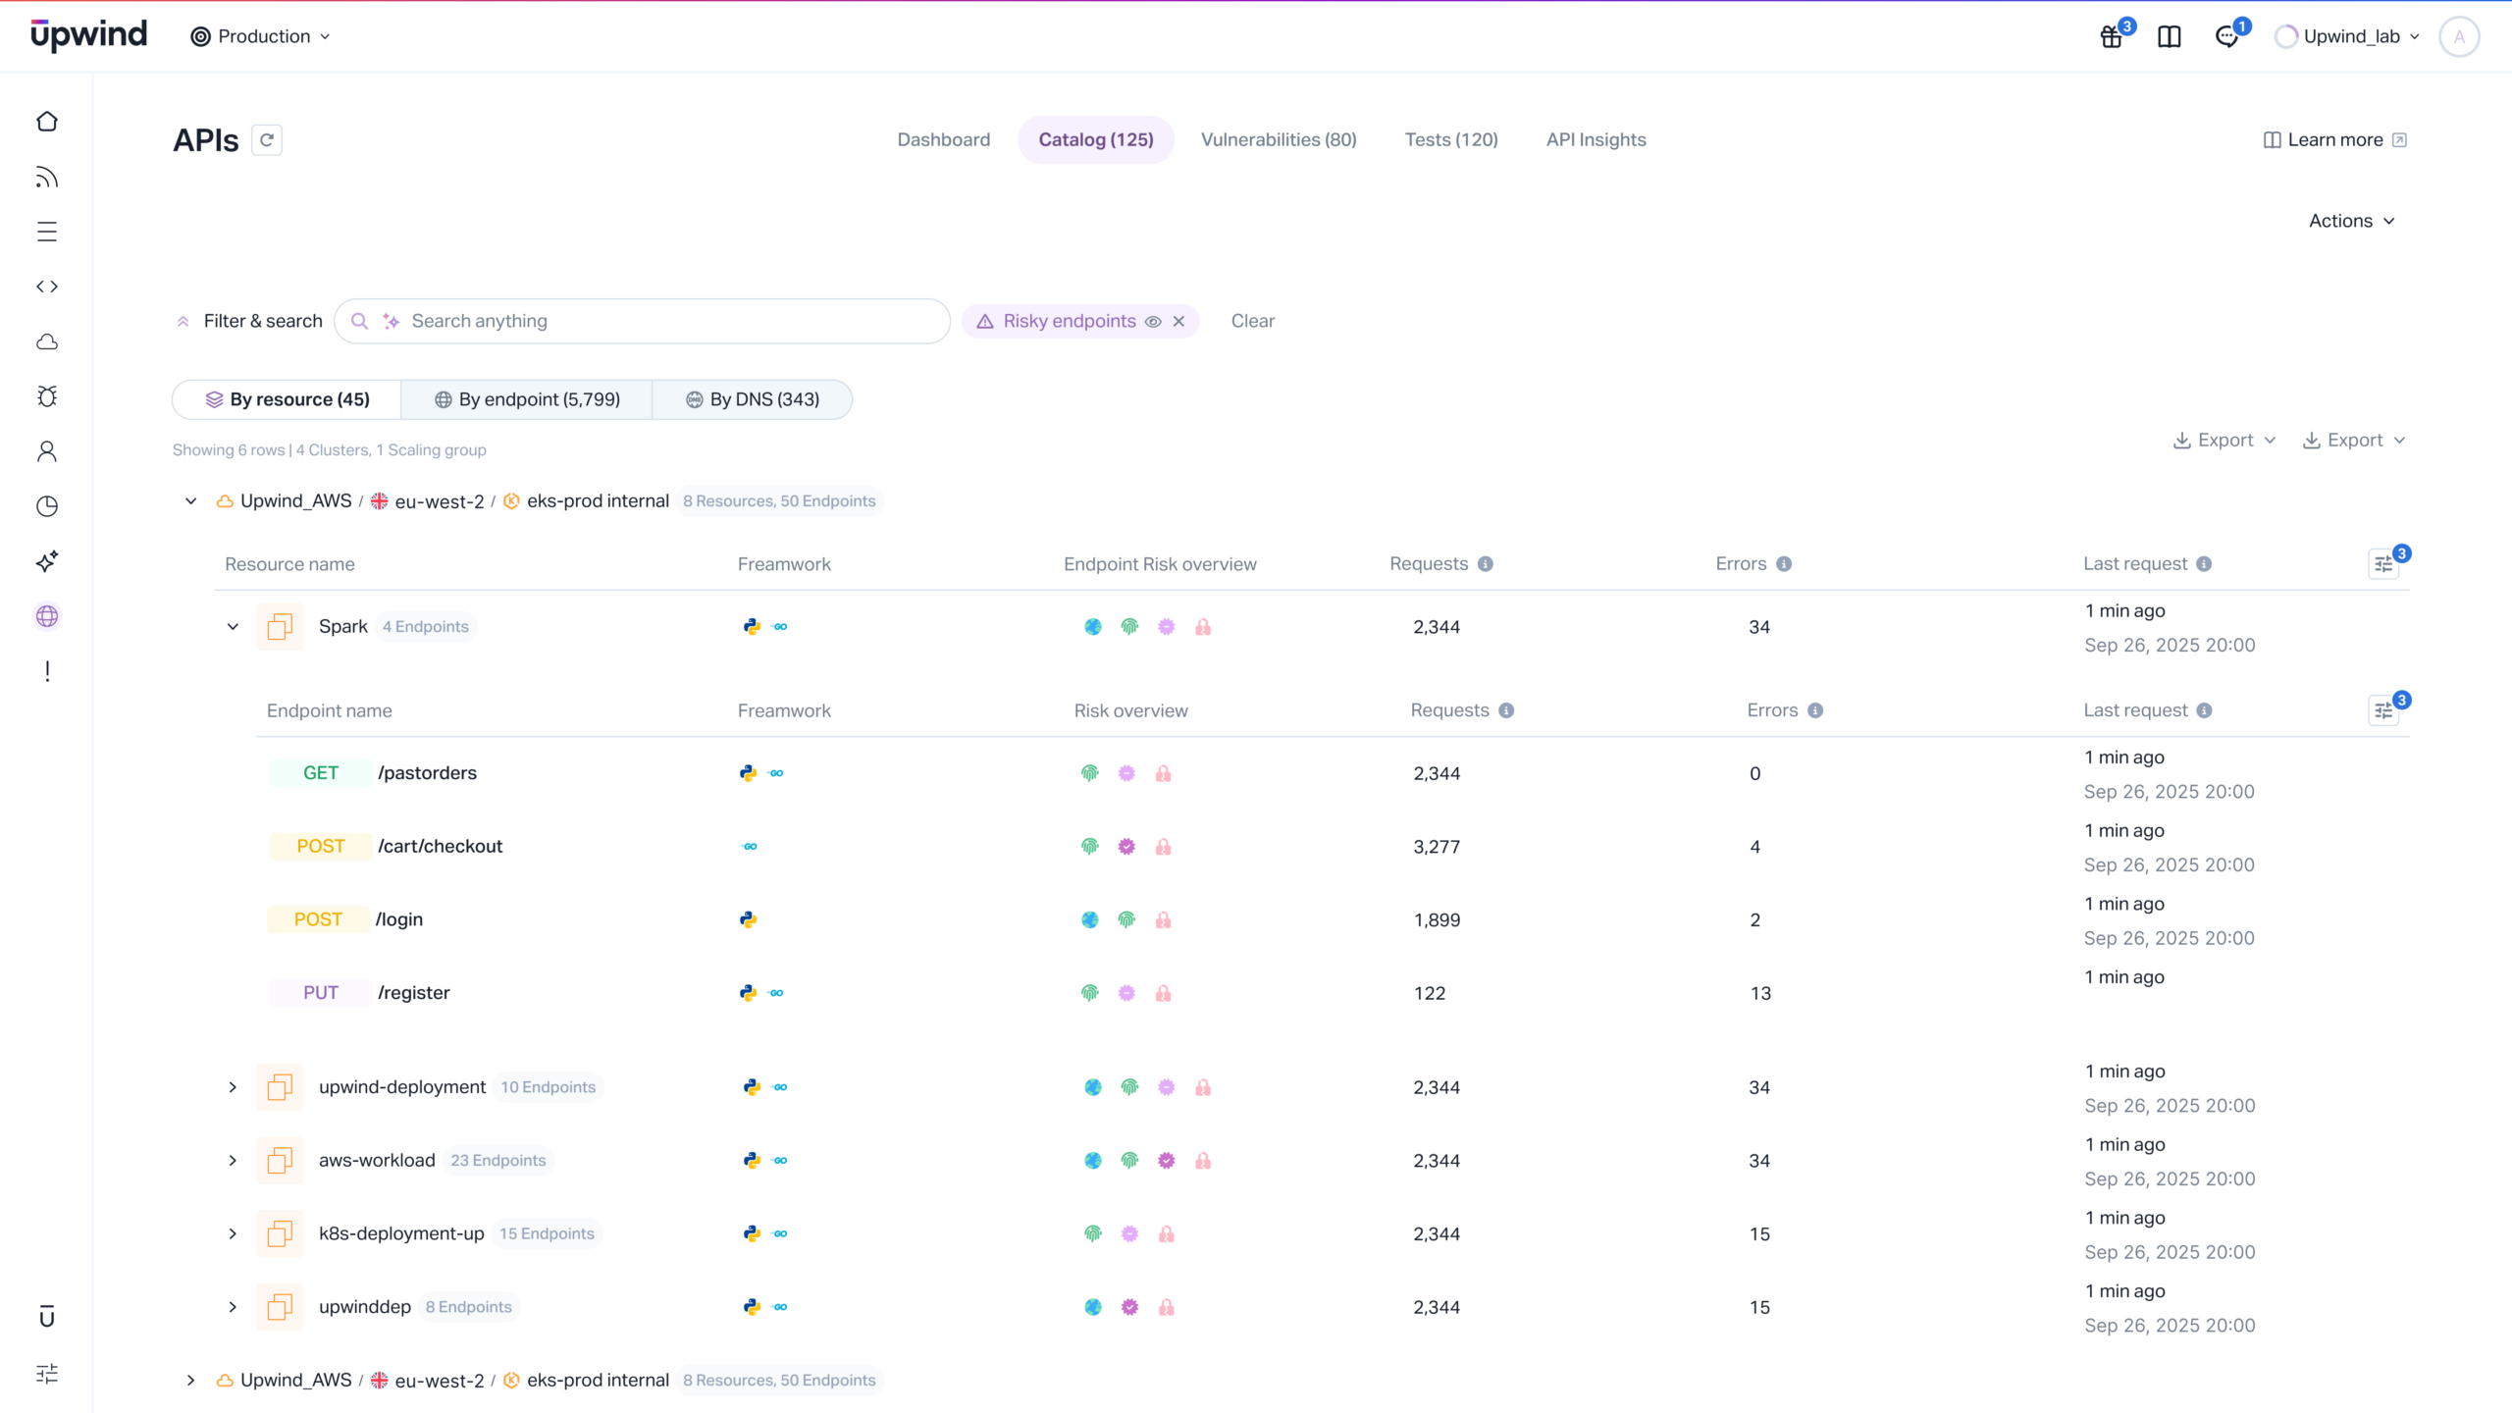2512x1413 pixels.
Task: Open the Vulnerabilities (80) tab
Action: pyautogui.click(x=1279, y=139)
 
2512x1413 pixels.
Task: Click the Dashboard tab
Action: pyautogui.click(x=943, y=139)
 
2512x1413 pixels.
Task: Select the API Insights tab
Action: pyautogui.click(x=1596, y=139)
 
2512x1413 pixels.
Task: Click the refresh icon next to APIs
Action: pyautogui.click(x=267, y=140)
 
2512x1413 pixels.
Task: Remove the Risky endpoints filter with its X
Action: pyautogui.click(x=1178, y=321)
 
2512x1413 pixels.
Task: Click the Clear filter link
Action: pyautogui.click(x=1252, y=321)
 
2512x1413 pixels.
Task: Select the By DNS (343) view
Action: pyautogui.click(x=753, y=399)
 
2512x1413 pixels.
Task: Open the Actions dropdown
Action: pyautogui.click(x=2351, y=221)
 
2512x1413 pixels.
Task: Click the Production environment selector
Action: pyautogui.click(x=261, y=36)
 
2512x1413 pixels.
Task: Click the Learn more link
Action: pyautogui.click(x=2334, y=139)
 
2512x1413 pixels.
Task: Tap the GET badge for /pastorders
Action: pyautogui.click(x=320, y=773)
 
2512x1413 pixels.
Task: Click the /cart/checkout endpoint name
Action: pyautogui.click(x=440, y=846)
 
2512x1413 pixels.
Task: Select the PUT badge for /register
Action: pyautogui.click(x=320, y=993)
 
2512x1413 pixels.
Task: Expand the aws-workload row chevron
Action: pyautogui.click(x=233, y=1161)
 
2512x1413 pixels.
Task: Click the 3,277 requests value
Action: pyautogui.click(x=1437, y=846)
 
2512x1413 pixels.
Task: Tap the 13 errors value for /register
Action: pyautogui.click(x=1760, y=993)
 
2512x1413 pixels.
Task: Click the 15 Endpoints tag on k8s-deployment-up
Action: pyautogui.click(x=547, y=1233)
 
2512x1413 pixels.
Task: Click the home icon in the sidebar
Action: pyautogui.click(x=47, y=122)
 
